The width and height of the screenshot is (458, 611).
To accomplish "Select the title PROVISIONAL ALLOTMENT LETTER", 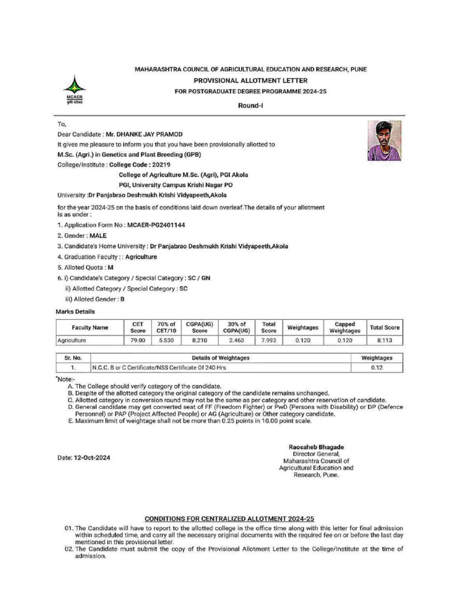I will pyautogui.click(x=250, y=80).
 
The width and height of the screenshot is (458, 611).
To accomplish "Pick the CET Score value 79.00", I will pyautogui.click(x=138, y=340).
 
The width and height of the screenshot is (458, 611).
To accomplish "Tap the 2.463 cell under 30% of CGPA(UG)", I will pyautogui.click(x=236, y=340).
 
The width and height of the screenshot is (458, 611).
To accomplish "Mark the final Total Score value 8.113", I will pyautogui.click(x=384, y=340).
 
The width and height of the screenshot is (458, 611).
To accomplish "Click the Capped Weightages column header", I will pyautogui.click(x=345, y=328).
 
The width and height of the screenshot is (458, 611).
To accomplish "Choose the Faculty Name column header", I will pyautogui.click(x=90, y=328).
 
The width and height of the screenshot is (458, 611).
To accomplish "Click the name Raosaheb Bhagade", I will pyautogui.click(x=315, y=447).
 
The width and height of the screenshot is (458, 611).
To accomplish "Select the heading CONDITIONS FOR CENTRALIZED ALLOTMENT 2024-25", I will pyautogui.click(x=230, y=519).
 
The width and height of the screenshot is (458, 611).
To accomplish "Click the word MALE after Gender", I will pyautogui.click(x=97, y=236).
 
